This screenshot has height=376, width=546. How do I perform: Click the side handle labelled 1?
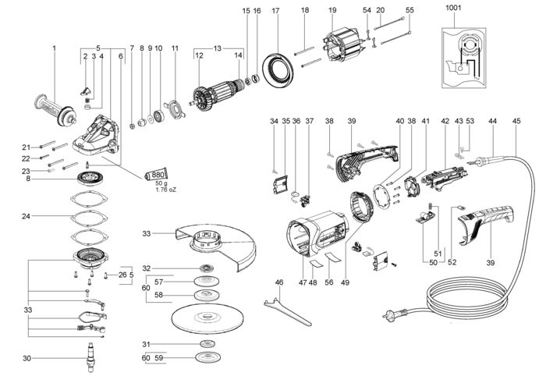55,110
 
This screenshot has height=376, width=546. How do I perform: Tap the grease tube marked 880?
155,175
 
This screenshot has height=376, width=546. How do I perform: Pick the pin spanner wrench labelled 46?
287,310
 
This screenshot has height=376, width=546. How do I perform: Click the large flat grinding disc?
207,318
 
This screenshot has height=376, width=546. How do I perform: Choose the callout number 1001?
453,8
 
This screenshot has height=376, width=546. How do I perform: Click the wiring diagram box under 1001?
463,58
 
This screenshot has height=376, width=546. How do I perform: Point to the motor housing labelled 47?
316,234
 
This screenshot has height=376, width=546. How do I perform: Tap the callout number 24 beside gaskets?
26,216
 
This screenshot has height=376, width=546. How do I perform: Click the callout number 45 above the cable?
516,121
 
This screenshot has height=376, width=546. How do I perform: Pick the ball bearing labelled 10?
159,115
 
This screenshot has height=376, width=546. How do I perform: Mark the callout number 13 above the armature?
218,48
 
